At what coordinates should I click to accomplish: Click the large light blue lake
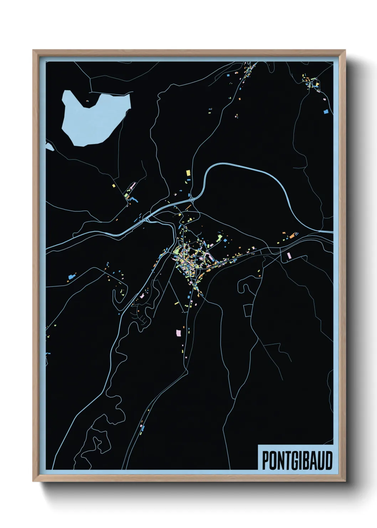(x=93, y=118)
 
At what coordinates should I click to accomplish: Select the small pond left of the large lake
(x=49, y=146)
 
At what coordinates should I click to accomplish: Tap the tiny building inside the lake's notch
(x=87, y=101)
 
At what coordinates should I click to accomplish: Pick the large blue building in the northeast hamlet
(x=325, y=112)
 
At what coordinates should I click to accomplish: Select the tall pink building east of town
(x=289, y=255)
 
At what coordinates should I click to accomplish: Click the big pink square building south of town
(x=178, y=332)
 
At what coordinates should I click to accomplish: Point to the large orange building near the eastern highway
(x=291, y=235)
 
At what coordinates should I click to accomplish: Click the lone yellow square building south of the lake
(x=113, y=186)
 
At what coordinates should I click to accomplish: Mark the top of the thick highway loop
(x=242, y=165)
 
